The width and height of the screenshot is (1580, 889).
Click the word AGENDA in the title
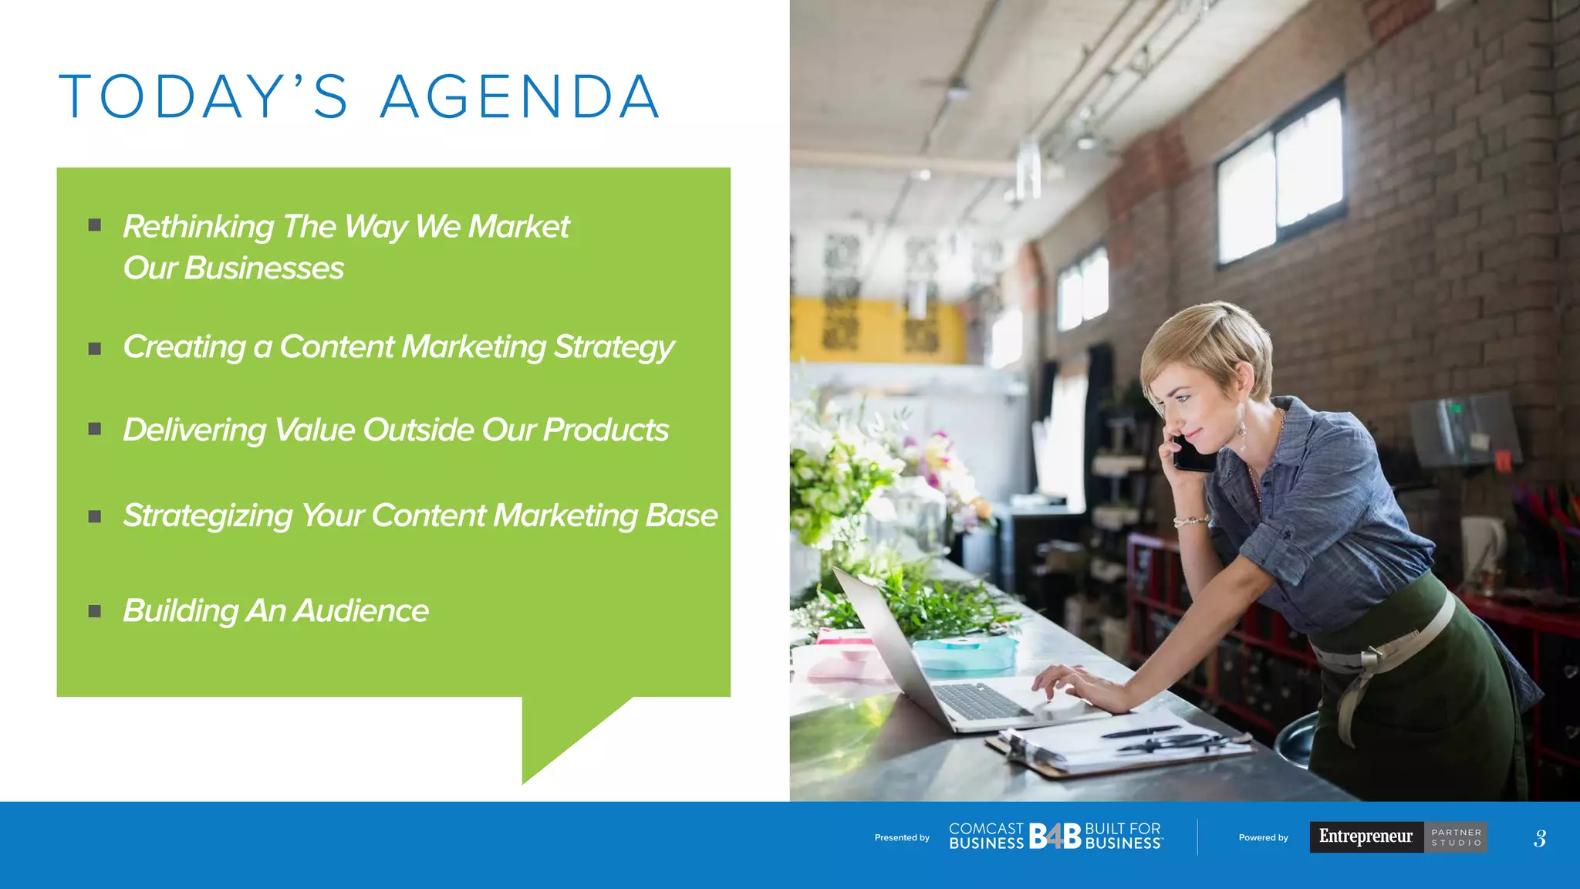point(520,97)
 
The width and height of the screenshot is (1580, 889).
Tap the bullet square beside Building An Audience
point(95,611)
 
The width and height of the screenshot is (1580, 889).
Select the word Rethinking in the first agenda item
point(198,227)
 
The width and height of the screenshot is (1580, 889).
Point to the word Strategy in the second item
point(614,348)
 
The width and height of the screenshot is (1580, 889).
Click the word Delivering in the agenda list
point(194,431)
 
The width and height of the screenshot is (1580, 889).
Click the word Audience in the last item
point(361,611)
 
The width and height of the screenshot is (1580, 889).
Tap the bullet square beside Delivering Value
point(95,429)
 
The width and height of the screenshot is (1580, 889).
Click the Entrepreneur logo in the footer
point(1366,837)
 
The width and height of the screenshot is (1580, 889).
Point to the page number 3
point(1540,838)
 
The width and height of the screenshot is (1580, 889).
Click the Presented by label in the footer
point(902,837)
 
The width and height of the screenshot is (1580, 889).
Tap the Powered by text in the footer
point(1263,837)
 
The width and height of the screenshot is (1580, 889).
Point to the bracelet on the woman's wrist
point(1193,522)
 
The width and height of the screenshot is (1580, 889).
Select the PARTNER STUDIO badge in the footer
point(1456,837)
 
